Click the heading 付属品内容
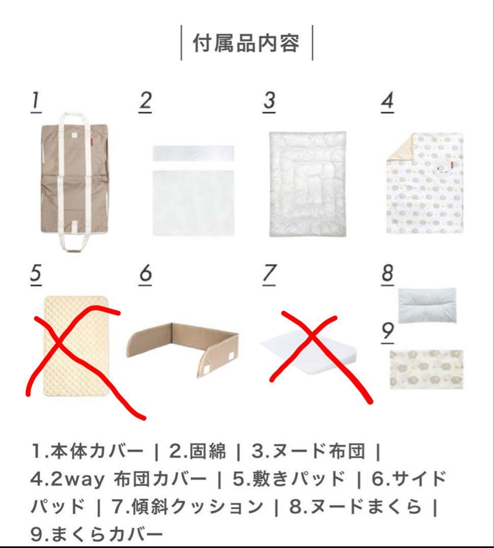[x=246, y=43]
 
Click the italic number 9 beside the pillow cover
[x=387, y=331]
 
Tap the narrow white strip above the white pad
[x=193, y=153]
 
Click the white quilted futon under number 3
[x=307, y=184]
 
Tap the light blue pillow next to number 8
[x=427, y=305]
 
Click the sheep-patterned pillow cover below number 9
[x=426, y=369]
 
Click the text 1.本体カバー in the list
[x=87, y=451]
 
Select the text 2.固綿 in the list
[x=197, y=451]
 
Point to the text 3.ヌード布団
[x=308, y=451]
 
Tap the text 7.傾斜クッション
[x=187, y=506]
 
